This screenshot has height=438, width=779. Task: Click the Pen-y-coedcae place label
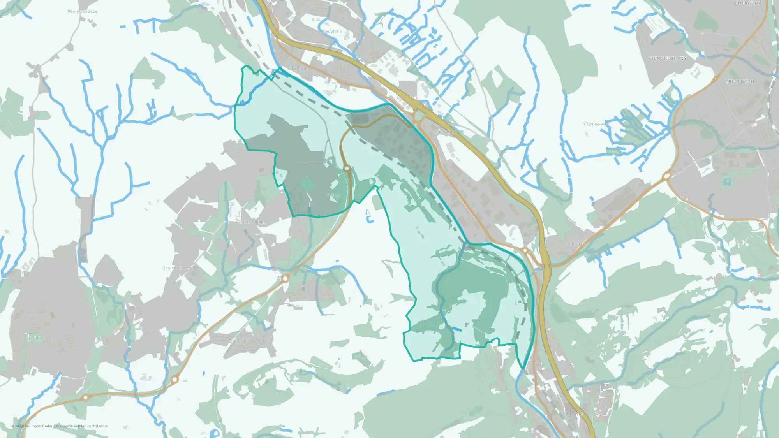[x=82, y=11]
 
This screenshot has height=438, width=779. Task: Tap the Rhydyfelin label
[x=331, y=32]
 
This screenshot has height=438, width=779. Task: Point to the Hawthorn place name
[x=298, y=69]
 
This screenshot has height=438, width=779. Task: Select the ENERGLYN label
[x=747, y=3]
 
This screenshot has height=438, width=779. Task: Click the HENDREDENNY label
[x=668, y=58]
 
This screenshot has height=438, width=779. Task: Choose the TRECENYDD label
[x=740, y=81]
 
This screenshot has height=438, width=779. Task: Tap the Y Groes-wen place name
[x=596, y=124]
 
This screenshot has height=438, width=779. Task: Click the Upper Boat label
[x=444, y=132]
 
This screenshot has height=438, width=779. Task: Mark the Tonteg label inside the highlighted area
[x=333, y=195]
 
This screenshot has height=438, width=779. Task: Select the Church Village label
[x=251, y=222]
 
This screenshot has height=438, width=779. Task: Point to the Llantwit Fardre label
[x=177, y=268]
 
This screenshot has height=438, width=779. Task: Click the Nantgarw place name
[x=577, y=244]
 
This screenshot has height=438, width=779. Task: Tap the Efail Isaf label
[x=238, y=341]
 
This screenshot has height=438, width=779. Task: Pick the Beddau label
[x=35, y=338]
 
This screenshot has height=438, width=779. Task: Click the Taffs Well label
[x=574, y=414]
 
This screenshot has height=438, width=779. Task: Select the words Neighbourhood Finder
[x=34, y=426]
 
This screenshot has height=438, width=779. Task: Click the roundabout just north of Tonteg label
[x=347, y=168]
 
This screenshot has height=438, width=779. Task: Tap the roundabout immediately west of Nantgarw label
[x=525, y=250]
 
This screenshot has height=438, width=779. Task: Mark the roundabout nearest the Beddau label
[x=85, y=398]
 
